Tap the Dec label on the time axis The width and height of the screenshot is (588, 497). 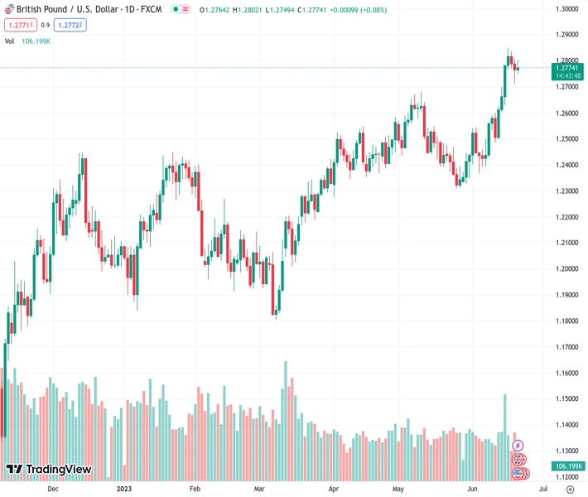[53, 489]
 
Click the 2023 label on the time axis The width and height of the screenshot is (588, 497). [123, 489]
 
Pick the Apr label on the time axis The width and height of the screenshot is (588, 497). [333, 489]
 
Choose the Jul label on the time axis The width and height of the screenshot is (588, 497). [542, 489]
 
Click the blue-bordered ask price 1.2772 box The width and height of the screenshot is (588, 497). [71, 25]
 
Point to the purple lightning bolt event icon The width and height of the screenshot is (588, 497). [518, 446]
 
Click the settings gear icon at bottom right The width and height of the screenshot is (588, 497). [570, 489]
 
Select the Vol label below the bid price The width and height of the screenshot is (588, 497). [10, 41]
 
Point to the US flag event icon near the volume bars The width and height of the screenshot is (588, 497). [518, 474]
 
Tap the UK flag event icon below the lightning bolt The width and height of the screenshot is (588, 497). [518, 460]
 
